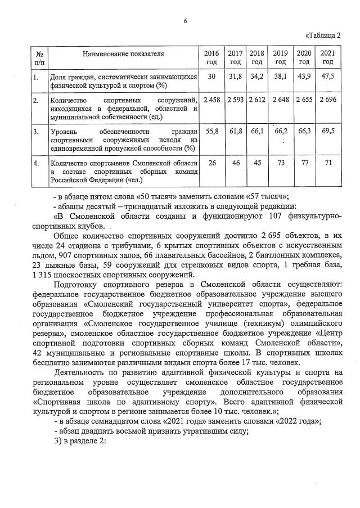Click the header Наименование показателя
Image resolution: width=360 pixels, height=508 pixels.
[x=123, y=54]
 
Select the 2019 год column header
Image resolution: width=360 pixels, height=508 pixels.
[x=280, y=57]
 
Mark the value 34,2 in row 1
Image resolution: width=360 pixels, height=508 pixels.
[x=257, y=76]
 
